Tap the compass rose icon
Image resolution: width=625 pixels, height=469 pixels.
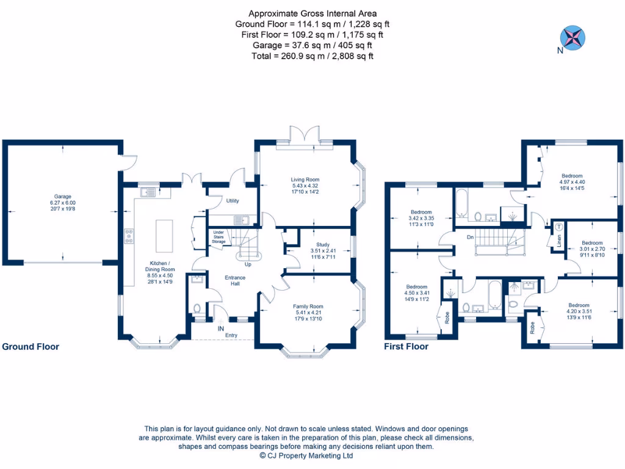click(x=573, y=36)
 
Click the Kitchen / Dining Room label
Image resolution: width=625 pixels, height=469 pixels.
click(x=159, y=270)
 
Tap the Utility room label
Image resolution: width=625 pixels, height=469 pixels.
click(x=233, y=201)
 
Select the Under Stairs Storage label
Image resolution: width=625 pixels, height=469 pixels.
click(x=219, y=237)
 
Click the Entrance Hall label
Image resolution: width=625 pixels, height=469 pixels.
click(x=235, y=281)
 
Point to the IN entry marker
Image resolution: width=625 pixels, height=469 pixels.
click(x=220, y=329)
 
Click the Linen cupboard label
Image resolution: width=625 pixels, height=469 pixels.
click(x=558, y=241)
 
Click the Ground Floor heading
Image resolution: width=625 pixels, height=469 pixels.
click(x=31, y=347)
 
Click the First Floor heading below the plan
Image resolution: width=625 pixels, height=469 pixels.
click(x=406, y=347)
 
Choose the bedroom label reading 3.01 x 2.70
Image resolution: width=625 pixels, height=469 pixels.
click(x=591, y=249)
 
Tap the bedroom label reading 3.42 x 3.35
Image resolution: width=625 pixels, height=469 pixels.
click(x=421, y=217)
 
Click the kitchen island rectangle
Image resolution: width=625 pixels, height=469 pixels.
click(x=162, y=235)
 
